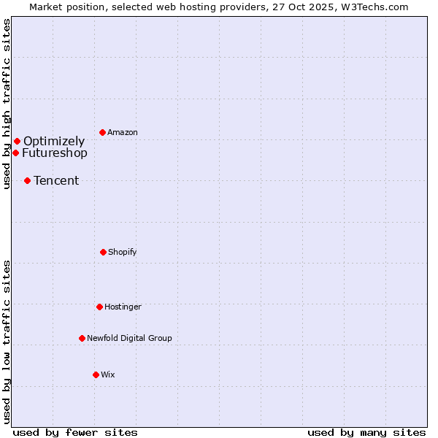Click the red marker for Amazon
(x=103, y=132)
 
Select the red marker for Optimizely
(x=17, y=141)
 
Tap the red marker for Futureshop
(x=15, y=153)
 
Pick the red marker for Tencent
(x=27, y=180)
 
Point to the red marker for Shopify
(x=103, y=252)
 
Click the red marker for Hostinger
(x=99, y=307)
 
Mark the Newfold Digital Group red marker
(x=82, y=338)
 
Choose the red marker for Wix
(x=96, y=374)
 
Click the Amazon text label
(x=123, y=132)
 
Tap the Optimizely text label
(x=54, y=141)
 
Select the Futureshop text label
(x=55, y=153)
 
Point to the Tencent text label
(x=56, y=180)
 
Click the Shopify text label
(x=123, y=252)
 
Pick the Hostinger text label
(x=123, y=307)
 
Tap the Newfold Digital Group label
(x=130, y=338)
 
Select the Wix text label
(x=108, y=374)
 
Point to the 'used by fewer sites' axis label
(x=75, y=432)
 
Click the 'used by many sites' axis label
(x=366, y=432)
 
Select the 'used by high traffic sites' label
(x=7, y=104)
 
